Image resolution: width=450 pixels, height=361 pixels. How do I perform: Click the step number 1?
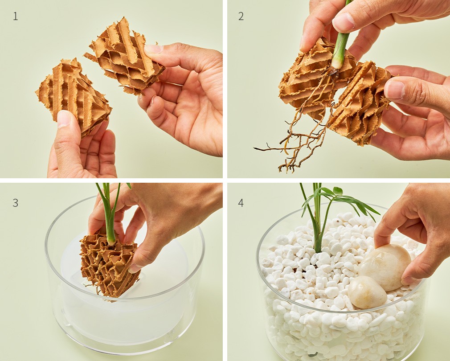click(x=16, y=16)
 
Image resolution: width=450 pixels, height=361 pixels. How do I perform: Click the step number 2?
click(x=241, y=16)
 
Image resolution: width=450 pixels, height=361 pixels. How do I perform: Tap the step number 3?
click(x=16, y=203)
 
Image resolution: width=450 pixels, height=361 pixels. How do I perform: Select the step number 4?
click(x=241, y=203)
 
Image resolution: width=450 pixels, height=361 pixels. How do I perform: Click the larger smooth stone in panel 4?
click(x=385, y=267)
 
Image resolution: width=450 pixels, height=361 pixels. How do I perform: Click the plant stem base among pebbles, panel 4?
click(x=317, y=247)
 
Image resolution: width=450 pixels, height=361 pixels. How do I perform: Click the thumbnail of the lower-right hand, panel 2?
click(x=394, y=89)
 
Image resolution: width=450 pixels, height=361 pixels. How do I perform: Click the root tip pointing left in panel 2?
click(x=255, y=148)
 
